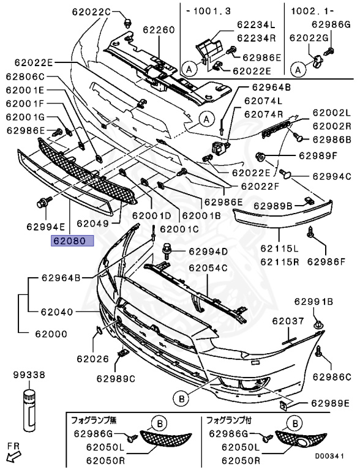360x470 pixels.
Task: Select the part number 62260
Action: (159, 29)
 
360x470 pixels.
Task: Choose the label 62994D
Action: (208, 251)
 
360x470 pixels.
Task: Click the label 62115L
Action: (279, 248)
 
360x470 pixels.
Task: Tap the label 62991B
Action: (313, 301)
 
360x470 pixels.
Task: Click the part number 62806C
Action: (25, 76)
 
